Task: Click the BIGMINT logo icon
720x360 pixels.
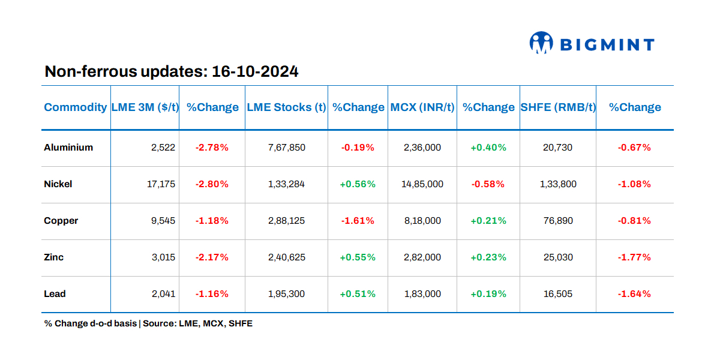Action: coord(541,43)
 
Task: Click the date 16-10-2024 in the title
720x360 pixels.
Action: coord(255,72)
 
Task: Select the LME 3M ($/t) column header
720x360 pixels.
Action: coord(145,107)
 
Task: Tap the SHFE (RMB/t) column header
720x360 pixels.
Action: coord(558,107)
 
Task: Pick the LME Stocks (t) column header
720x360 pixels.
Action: coord(286,107)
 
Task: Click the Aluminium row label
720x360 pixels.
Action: coord(68,147)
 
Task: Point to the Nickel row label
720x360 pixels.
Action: coord(58,184)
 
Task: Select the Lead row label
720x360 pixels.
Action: coord(55,293)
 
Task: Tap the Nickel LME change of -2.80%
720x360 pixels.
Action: coord(212,184)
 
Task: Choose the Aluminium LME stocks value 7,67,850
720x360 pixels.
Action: coord(286,147)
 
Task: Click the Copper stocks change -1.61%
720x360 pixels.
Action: coord(358,220)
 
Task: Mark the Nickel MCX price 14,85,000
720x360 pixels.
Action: coord(422,184)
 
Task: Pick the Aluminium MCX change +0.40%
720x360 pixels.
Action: coord(488,147)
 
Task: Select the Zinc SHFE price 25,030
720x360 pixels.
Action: coord(558,257)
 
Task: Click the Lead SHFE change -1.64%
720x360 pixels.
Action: coord(634,293)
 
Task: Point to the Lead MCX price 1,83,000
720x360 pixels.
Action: coord(422,293)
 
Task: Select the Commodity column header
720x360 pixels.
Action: coord(76,107)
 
